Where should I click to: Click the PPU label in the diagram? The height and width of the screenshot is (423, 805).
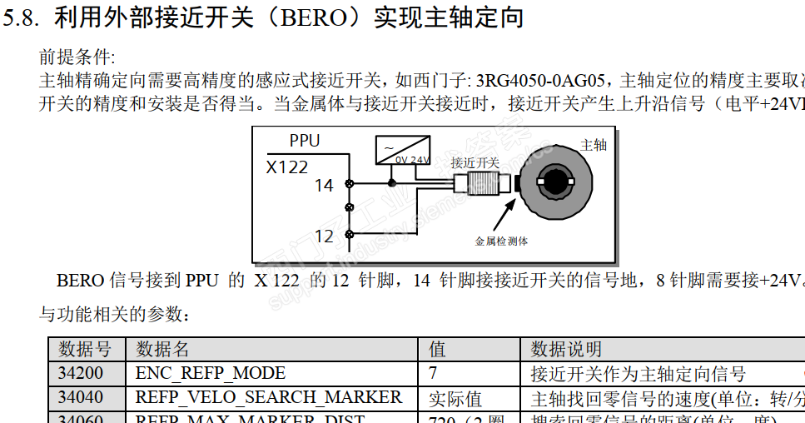[x=305, y=142]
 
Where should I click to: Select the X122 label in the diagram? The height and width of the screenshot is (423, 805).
[x=287, y=167]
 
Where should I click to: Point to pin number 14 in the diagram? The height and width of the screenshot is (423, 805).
[x=324, y=186]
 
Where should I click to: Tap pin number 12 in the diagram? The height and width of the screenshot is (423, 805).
[x=324, y=236]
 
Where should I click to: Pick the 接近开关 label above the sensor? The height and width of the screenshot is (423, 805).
[x=475, y=162]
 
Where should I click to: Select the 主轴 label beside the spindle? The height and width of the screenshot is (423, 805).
[x=593, y=145]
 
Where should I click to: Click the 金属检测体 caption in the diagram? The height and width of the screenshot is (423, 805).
[x=502, y=241]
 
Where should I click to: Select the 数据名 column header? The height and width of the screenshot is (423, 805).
[x=163, y=349]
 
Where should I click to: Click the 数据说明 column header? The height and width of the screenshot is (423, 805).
[x=566, y=349]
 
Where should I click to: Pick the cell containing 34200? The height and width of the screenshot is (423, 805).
[x=81, y=373]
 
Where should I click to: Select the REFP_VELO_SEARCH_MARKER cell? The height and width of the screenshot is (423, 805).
[x=269, y=397]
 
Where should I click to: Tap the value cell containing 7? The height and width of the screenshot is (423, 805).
[x=433, y=373]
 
